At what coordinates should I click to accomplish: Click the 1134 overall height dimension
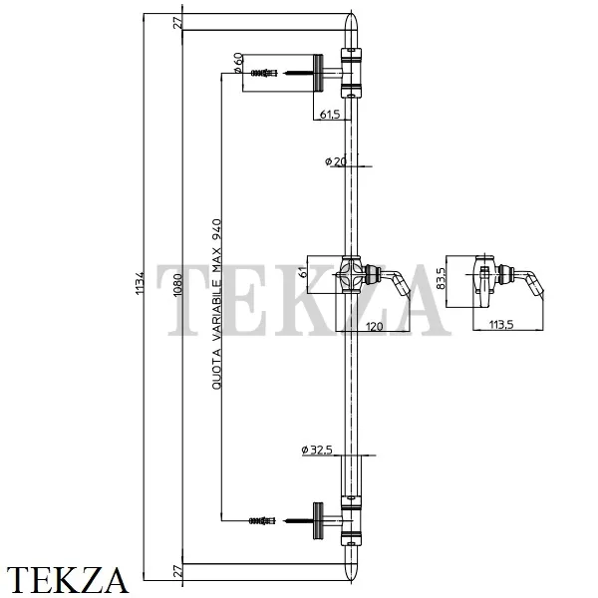tap(140, 283)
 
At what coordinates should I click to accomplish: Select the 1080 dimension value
tap(178, 285)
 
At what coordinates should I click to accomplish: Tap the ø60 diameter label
tap(237, 64)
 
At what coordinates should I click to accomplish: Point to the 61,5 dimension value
tap(330, 114)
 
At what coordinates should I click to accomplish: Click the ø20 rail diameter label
tap(336, 161)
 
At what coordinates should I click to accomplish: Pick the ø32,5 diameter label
tap(317, 450)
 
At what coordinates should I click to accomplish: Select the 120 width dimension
tap(374, 327)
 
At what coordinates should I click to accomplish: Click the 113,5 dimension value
tap(501, 325)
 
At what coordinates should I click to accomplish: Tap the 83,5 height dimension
tap(441, 278)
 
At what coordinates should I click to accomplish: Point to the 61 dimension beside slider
tap(302, 273)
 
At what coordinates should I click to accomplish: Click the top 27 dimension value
tap(177, 23)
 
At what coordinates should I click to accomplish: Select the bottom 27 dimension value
tap(177, 572)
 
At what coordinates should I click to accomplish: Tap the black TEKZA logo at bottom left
tap(67, 580)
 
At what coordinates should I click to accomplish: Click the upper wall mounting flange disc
tap(319, 73)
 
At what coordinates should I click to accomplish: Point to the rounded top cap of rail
tap(351, 27)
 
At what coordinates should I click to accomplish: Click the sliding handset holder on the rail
tap(374, 276)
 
